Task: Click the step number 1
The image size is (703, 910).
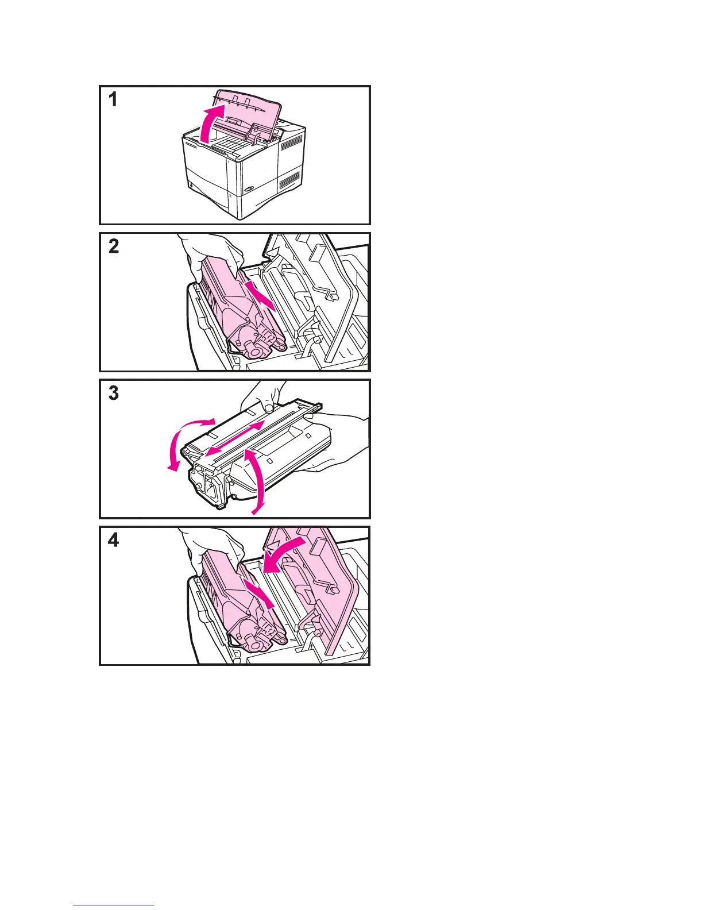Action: (x=114, y=100)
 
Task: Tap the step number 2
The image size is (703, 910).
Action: (x=114, y=247)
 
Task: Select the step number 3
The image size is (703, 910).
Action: (x=114, y=394)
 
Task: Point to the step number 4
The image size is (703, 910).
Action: (x=114, y=541)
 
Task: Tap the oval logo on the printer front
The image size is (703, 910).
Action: (x=251, y=190)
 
